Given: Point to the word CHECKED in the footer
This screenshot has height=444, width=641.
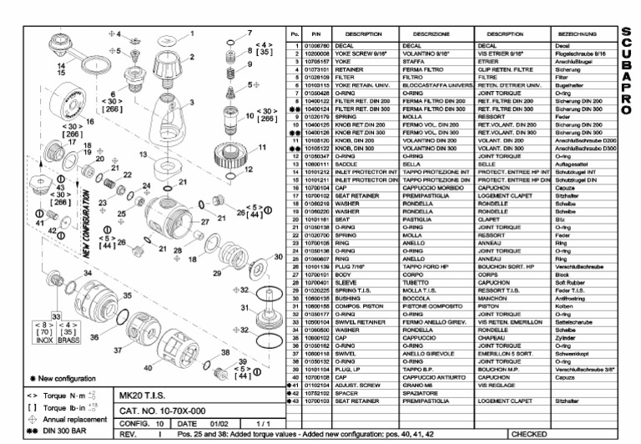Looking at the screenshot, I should point(536,434).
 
